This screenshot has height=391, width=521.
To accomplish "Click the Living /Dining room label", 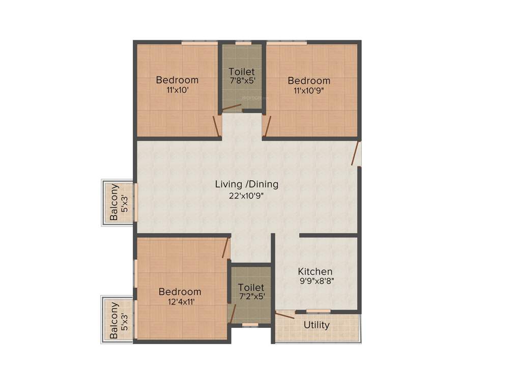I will [x=247, y=184].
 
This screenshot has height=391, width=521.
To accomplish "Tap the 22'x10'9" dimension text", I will [x=247, y=195].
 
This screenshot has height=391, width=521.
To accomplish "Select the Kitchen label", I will [x=315, y=271].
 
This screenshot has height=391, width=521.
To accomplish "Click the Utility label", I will [x=316, y=325].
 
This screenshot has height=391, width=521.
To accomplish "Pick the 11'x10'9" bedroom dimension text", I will [x=308, y=91].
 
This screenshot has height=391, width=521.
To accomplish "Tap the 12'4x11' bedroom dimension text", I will [x=180, y=301].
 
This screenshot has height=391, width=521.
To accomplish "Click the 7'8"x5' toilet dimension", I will [x=242, y=80].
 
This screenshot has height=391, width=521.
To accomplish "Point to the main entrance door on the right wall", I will [x=356, y=153].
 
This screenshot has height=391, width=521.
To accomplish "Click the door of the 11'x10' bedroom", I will [x=216, y=126].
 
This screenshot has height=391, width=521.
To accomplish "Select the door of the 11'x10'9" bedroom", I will [x=268, y=126].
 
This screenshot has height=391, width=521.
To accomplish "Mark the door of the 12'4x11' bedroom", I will [x=225, y=247].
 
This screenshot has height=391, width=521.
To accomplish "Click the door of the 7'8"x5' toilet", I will [x=232, y=107].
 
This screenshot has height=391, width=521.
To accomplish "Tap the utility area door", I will [x=285, y=315].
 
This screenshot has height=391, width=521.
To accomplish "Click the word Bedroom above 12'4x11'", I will [x=180, y=292].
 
